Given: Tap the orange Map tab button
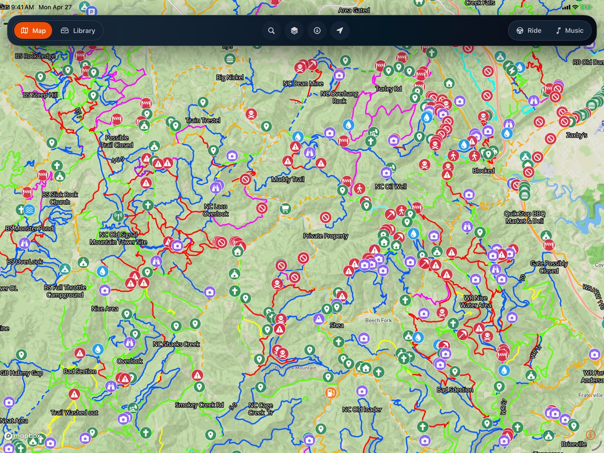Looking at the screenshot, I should pyautogui.click(x=33, y=31).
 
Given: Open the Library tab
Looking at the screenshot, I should pyautogui.click(x=78, y=31).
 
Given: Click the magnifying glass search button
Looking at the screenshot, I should pyautogui.click(x=271, y=31).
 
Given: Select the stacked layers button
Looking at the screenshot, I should pyautogui.click(x=294, y=31).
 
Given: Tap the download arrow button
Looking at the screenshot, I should pyautogui.click(x=317, y=31).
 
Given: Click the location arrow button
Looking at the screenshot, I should pyautogui.click(x=340, y=31).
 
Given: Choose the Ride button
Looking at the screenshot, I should pyautogui.click(x=529, y=31).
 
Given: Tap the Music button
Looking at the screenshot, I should pyautogui.click(x=569, y=31).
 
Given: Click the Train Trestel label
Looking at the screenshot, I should pyautogui.click(x=203, y=120).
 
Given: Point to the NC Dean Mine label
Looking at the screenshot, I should pyautogui.click(x=303, y=83).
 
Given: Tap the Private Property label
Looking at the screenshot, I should pyautogui.click(x=325, y=236).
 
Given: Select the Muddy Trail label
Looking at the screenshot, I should pyautogui.click(x=288, y=179).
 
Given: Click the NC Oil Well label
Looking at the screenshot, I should pyautogui.click(x=391, y=186).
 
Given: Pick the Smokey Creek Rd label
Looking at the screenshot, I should pyautogui.click(x=199, y=405).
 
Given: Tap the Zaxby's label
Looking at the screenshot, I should pyautogui.click(x=576, y=135).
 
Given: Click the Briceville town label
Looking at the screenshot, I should pyautogui.click(x=574, y=444).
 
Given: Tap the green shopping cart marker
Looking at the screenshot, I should pyautogui.click(x=285, y=209).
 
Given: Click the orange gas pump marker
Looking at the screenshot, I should pyautogui.click(x=331, y=392).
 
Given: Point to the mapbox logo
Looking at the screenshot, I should pyautogui.click(x=23, y=436).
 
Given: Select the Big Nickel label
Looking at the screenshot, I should pyautogui.click(x=230, y=77).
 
